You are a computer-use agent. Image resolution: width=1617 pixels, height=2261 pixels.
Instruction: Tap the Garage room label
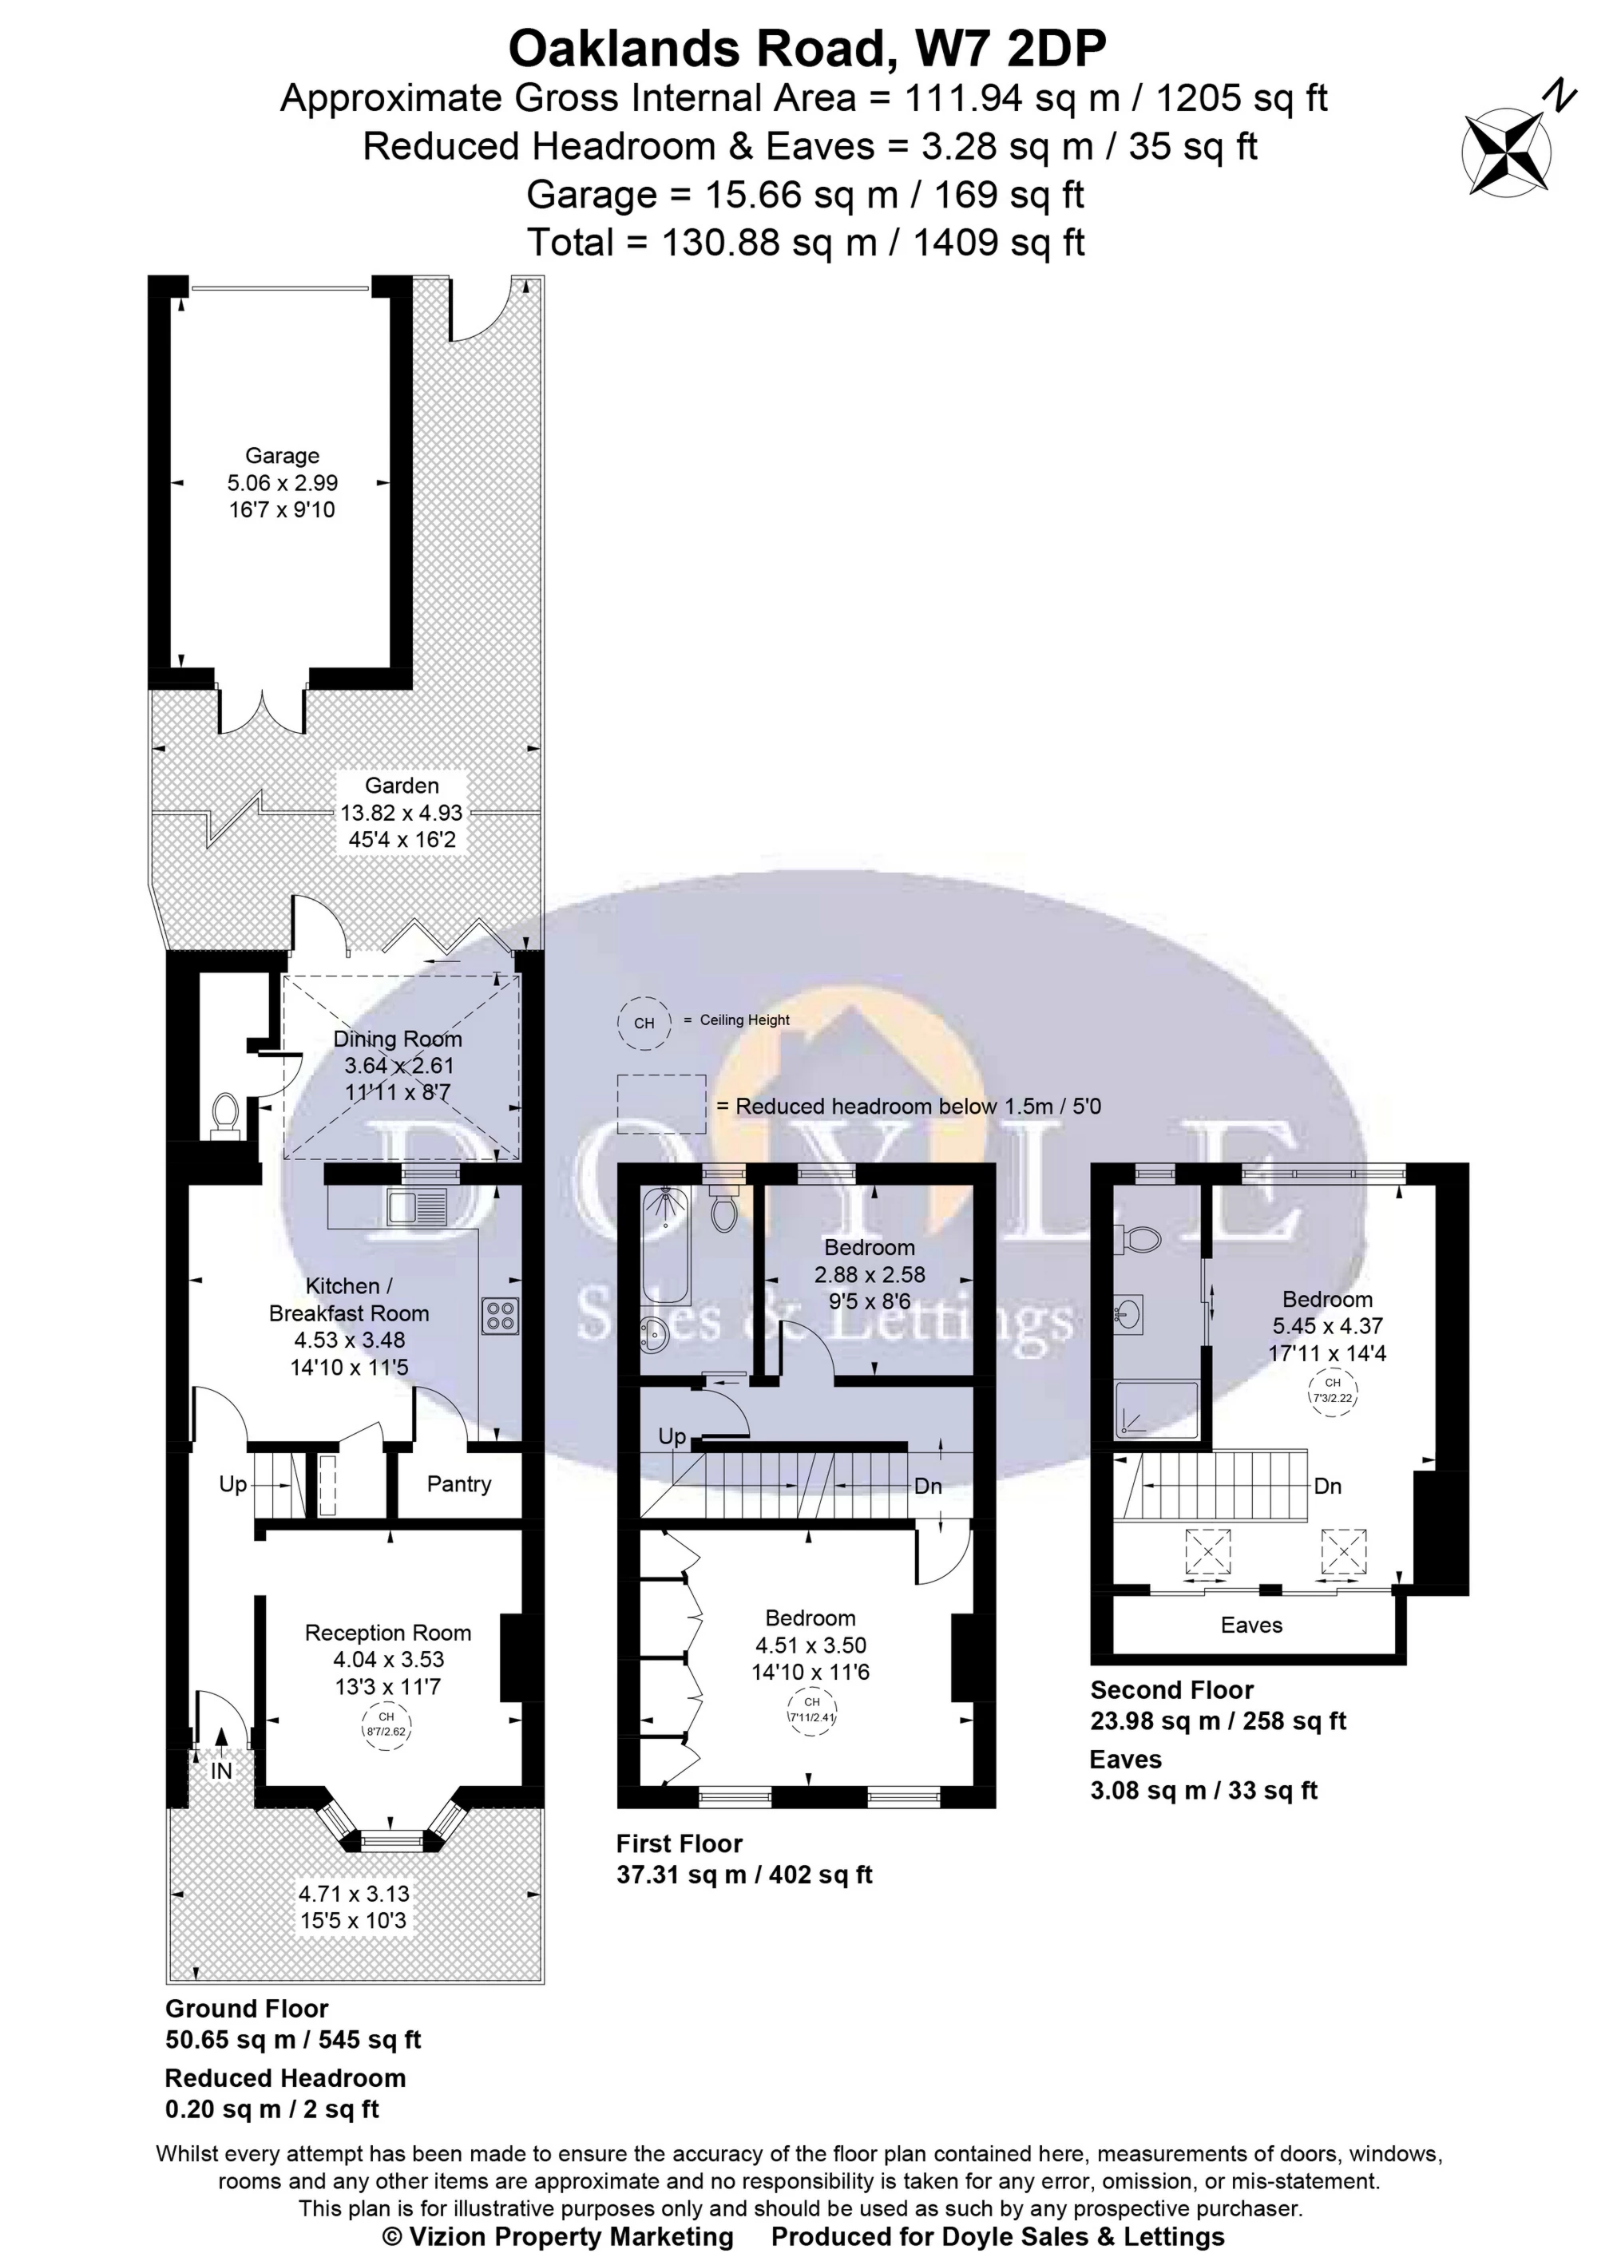point(282,456)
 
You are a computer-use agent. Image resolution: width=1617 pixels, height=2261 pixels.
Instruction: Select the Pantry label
point(459,1484)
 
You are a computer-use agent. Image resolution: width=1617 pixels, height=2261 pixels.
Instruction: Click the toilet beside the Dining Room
point(225,1116)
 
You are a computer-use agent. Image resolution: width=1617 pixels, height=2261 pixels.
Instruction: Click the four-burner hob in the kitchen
point(500,1317)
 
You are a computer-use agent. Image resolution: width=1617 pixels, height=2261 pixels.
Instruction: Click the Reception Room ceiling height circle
point(387,1725)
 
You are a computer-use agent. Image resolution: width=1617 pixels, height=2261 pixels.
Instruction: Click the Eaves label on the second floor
point(1251,1625)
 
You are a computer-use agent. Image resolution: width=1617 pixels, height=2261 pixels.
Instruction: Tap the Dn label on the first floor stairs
point(928,1487)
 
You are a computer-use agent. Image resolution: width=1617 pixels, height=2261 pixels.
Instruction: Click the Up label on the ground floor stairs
point(233,1484)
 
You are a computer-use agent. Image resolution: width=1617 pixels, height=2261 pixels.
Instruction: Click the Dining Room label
point(398,1039)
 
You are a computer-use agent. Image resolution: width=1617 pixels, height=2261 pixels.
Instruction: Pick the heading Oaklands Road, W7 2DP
point(807,47)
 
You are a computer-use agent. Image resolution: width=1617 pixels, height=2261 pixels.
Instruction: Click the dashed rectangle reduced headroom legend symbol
point(662,1104)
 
